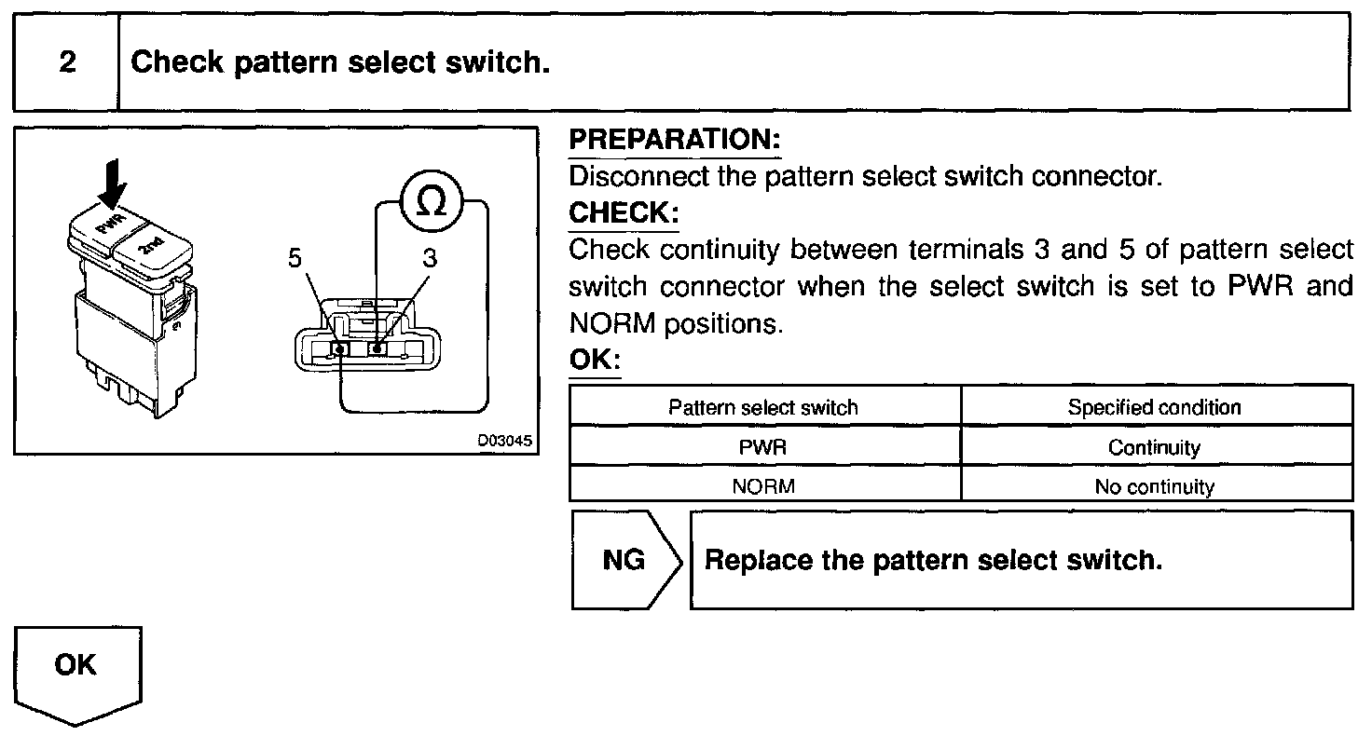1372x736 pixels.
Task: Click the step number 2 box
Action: click(x=66, y=62)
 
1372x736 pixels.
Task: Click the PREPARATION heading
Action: click(x=673, y=140)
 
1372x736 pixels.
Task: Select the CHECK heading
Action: click(x=623, y=212)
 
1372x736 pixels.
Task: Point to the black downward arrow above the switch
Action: click(x=112, y=182)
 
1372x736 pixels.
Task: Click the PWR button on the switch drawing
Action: click(x=105, y=223)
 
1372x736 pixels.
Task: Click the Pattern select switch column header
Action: click(x=763, y=407)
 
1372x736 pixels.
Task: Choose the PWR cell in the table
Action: click(x=763, y=447)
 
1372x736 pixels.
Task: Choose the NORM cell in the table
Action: click(x=763, y=485)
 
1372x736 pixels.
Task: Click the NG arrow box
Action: click(x=624, y=561)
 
